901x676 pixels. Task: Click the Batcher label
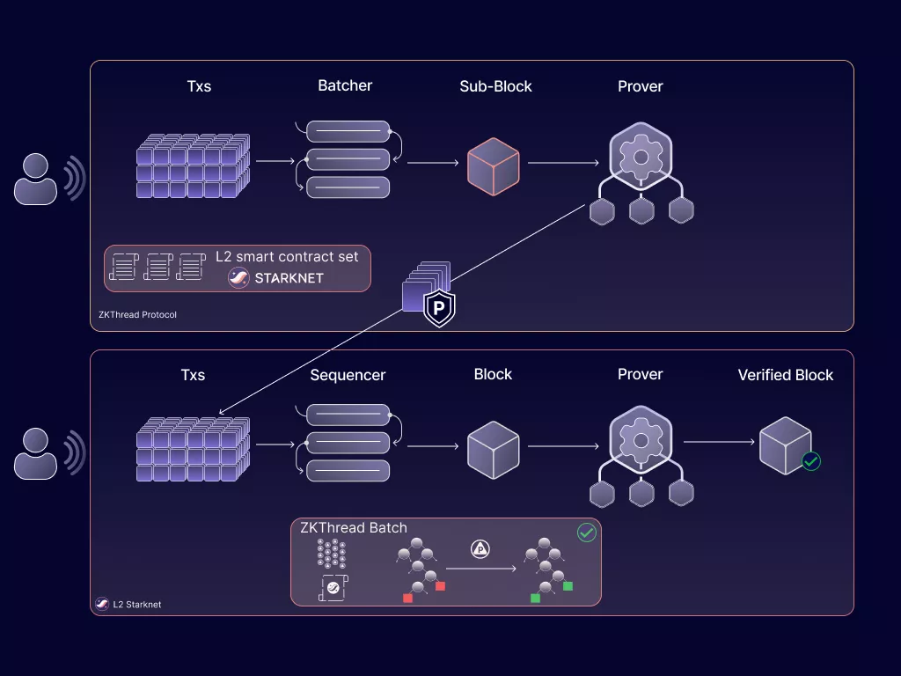(345, 85)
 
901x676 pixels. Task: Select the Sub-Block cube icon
(493, 165)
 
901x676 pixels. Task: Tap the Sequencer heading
(348, 375)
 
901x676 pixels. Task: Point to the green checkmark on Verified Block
(811, 460)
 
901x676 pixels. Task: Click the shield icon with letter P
(439, 308)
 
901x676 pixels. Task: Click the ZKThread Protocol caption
(137, 314)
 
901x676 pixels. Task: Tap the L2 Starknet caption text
(136, 605)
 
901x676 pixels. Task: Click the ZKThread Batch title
(354, 528)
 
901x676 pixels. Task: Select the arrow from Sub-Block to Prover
(563, 163)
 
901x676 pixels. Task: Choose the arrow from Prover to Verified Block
(718, 442)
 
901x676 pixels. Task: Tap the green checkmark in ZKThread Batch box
(586, 533)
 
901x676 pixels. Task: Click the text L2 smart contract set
(288, 257)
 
